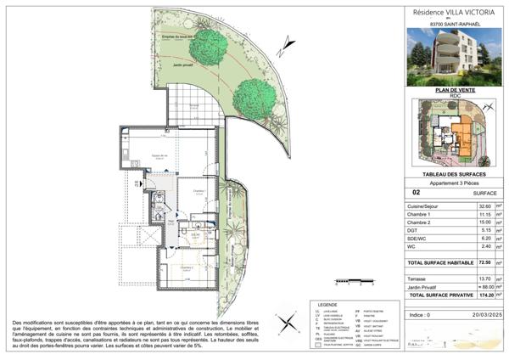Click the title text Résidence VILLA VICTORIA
tap(452, 13)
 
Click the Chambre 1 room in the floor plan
tap(198, 194)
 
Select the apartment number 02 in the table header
tap(414, 194)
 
